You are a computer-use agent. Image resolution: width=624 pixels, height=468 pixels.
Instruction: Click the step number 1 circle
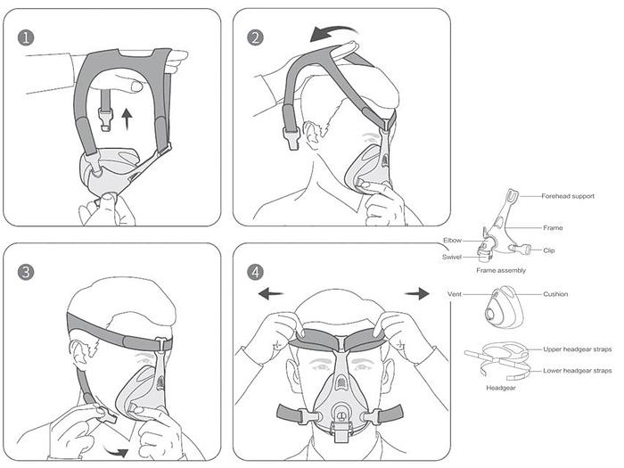tap(27, 37)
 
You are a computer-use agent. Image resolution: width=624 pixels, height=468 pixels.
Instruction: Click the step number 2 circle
tap(256, 37)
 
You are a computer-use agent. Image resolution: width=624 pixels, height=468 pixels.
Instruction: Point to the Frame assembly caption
tap(501, 270)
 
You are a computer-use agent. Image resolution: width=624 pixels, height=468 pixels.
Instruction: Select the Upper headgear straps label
tap(578, 349)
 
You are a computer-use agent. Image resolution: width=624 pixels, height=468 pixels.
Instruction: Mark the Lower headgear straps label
tap(578, 370)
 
